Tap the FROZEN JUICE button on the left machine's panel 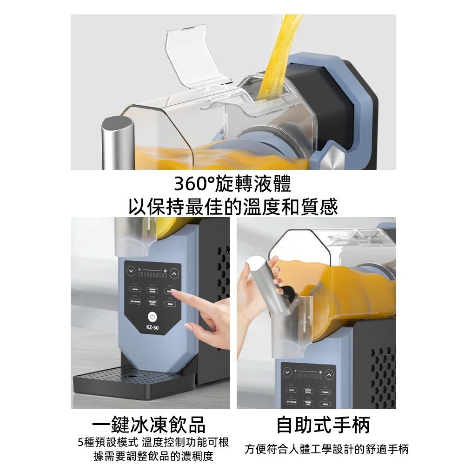tap(152, 303)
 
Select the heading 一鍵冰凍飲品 tap(148, 425)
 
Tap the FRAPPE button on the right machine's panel tap(325, 391)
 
